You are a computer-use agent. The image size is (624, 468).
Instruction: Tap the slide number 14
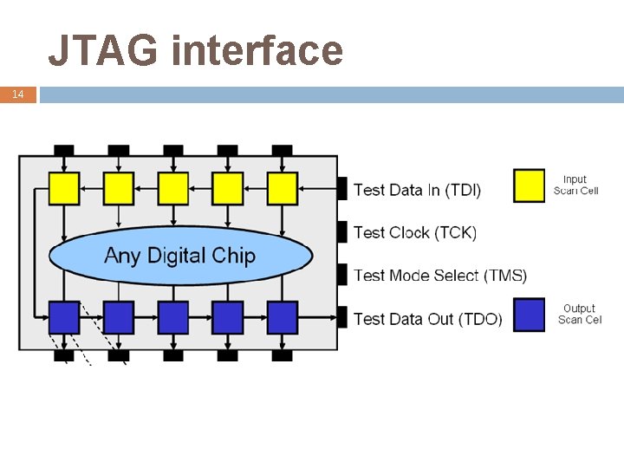tap(17, 94)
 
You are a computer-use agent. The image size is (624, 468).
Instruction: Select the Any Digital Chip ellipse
tap(180, 256)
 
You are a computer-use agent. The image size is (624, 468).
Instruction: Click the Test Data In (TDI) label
tap(417, 190)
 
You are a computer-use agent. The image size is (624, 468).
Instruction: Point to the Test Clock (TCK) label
tap(414, 232)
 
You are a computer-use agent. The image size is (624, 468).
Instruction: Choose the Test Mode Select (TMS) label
tap(439, 276)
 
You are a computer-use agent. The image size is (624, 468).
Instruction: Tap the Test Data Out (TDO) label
tap(427, 319)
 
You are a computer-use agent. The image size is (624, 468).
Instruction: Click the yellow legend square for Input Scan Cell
tap(529, 185)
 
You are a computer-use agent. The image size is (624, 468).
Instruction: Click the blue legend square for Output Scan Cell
tap(529, 315)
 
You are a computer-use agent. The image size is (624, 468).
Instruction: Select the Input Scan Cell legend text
tap(575, 185)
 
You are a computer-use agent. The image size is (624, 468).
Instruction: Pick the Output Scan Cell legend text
tap(579, 314)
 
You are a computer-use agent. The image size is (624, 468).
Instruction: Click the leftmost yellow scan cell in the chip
tap(64, 188)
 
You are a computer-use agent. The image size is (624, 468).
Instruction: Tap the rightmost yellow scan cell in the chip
tap(282, 188)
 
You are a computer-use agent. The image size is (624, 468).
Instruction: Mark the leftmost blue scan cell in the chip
tap(64, 317)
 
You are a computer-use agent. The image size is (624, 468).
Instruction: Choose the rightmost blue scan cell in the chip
tap(282, 317)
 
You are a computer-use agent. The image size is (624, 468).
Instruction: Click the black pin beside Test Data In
tap(342, 188)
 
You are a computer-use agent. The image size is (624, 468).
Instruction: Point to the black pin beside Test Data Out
tap(342, 317)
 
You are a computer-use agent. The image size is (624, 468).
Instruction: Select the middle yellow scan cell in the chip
tap(173, 188)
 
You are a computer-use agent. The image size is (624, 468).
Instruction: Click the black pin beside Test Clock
tap(342, 231)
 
